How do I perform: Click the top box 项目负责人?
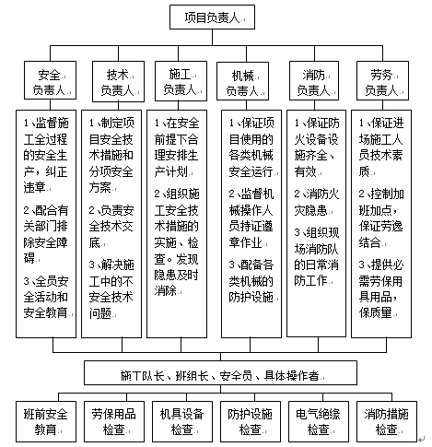[212, 18]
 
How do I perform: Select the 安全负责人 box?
[50, 80]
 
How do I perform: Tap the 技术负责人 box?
[118, 81]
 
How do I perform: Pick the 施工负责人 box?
[181, 81]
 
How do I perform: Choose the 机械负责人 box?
[242, 81]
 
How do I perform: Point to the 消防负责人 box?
[314, 80]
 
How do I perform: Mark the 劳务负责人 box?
[382, 80]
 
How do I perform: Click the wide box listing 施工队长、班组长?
[220, 373]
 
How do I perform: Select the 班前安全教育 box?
[46, 421]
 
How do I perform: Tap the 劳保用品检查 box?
[114, 421]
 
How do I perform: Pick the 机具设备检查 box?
[182, 421]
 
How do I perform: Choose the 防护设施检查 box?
[251, 421]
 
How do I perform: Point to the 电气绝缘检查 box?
[319, 421]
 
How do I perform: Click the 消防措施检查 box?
[387, 421]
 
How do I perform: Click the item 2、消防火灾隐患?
[317, 203]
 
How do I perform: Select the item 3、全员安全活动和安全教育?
[46, 297]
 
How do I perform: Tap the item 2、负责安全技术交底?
[111, 227]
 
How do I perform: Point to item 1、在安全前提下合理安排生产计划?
[177, 147]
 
